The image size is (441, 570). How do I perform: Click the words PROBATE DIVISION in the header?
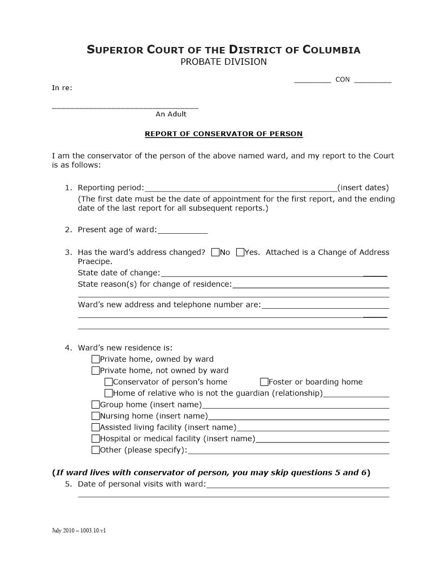[223, 62]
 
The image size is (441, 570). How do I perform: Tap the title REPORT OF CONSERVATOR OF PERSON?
[224, 133]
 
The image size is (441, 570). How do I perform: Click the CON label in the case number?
[343, 80]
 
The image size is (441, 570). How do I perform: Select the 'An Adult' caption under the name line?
[171, 114]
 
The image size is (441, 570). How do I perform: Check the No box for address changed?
[216, 252]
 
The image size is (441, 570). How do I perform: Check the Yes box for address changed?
[240, 252]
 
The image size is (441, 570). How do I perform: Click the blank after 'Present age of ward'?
[182, 230]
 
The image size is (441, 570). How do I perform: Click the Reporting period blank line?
[240, 188]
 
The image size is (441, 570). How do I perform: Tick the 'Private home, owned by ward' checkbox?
[96, 359]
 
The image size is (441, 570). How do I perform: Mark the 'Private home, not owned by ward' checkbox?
[96, 370]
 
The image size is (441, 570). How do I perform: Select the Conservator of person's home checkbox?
[109, 382]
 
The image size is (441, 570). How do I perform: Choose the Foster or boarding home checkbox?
[264, 382]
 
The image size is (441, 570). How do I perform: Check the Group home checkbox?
[96, 404]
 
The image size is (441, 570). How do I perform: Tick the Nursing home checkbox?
[96, 416]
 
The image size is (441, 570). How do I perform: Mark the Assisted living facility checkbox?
[96, 427]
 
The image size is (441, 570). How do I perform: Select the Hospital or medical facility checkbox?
[96, 438]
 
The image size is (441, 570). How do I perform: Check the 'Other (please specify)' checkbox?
[96, 450]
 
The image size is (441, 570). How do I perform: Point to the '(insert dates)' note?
[363, 188]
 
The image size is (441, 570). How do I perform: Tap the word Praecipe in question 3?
[95, 261]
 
